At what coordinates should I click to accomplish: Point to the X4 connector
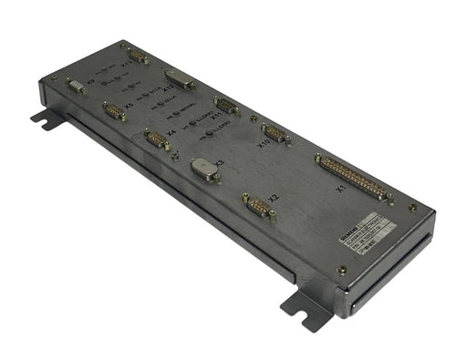156,139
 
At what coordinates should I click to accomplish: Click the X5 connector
115,112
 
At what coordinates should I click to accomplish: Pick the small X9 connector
77,86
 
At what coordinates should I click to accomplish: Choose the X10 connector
275,134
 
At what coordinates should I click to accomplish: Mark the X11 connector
227,106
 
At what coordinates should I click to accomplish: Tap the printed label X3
218,162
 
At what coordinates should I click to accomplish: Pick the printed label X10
263,143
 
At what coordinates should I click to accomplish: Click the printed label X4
171,133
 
